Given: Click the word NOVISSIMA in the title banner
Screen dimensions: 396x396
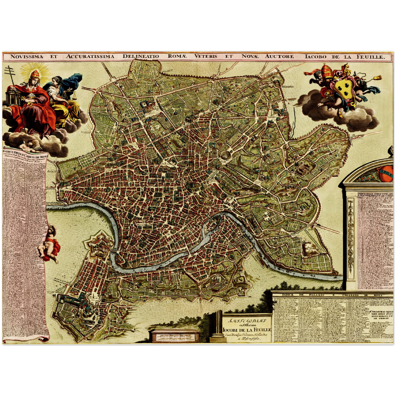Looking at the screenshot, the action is (27, 56).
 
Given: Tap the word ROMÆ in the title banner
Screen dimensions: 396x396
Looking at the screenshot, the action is (177, 56).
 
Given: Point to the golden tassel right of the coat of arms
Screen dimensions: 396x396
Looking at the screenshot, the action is (377, 78).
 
